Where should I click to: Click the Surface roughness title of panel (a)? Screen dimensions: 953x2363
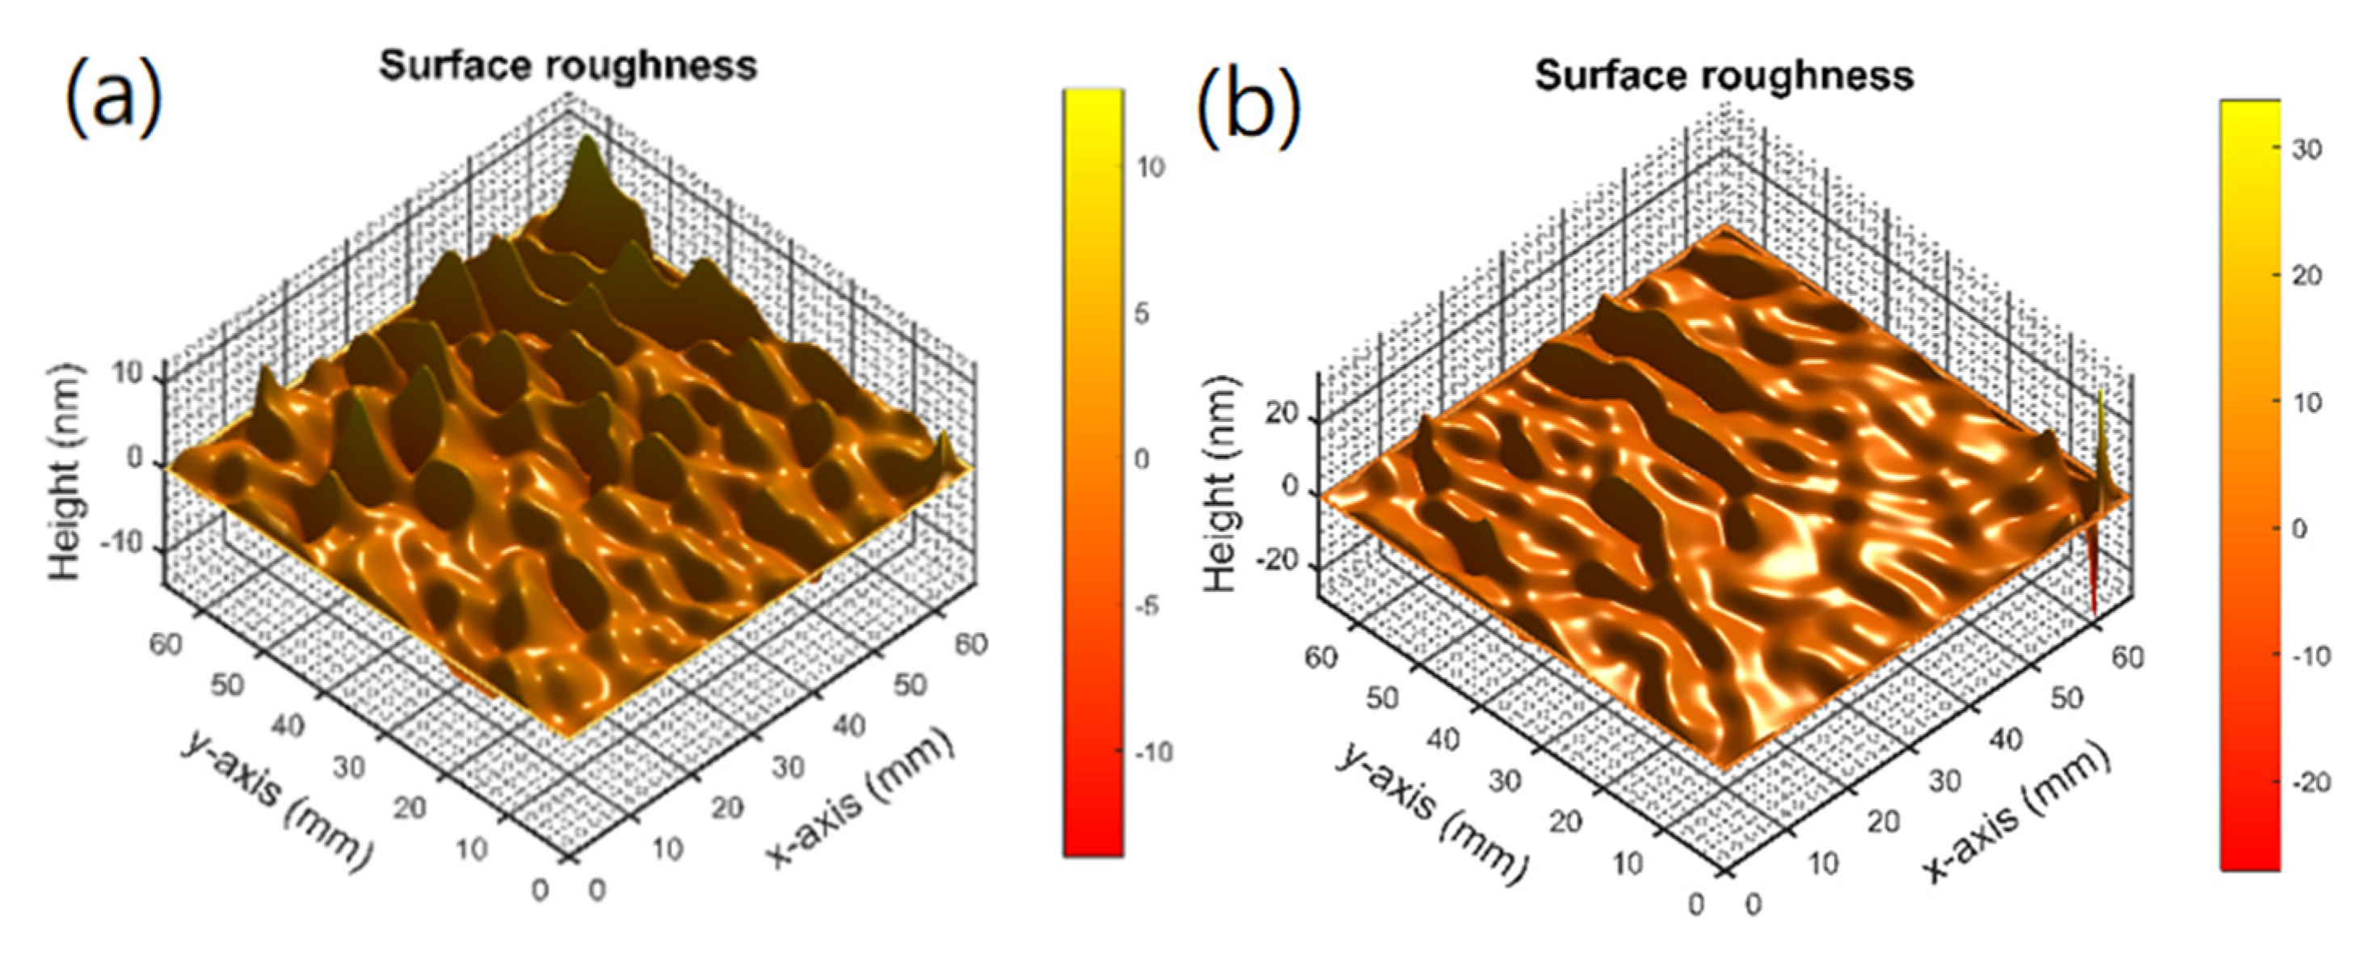pyautogui.click(x=569, y=66)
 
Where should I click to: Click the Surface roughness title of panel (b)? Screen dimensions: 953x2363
pyautogui.click(x=1725, y=74)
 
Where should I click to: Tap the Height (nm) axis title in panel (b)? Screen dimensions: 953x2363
pyautogui.click(x=1220, y=483)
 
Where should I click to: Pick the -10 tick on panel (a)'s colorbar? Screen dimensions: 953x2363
pyautogui.click(x=1152, y=752)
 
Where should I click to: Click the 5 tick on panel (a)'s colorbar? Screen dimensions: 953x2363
pyautogui.click(x=1141, y=314)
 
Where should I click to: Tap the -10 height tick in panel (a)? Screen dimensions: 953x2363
pyautogui.click(x=123, y=544)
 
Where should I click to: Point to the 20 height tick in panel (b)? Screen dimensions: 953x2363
pyautogui.click(x=1282, y=415)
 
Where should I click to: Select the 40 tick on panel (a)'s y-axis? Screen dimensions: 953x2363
pyautogui.click(x=287, y=726)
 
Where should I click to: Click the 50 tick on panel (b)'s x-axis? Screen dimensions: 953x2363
pyautogui.click(x=2066, y=698)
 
